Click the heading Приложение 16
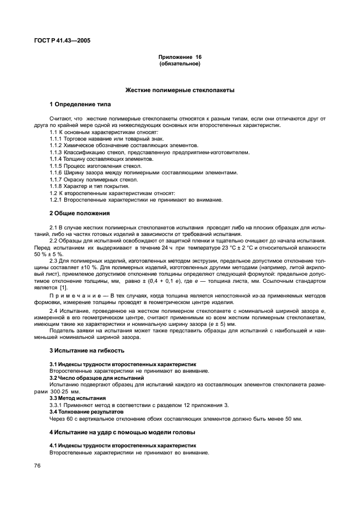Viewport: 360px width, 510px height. tap(180, 57)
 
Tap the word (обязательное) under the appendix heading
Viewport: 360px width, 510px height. tap(180, 64)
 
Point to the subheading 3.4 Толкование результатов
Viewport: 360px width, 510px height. tap(87, 411)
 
